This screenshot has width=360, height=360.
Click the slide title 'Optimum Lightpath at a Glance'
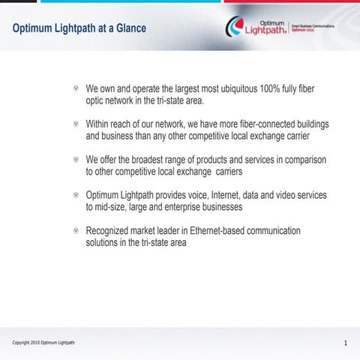pyautogui.click(x=79, y=28)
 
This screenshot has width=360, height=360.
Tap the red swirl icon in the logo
pyautogui.click(x=235, y=28)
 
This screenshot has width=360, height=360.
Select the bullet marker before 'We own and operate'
pyautogui.click(x=76, y=89)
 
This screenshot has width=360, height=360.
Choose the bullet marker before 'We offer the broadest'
pyautogui.click(x=76, y=160)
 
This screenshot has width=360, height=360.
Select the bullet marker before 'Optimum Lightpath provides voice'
pyautogui.click(x=76, y=195)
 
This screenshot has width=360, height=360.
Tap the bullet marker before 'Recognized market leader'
pyautogui.click(x=76, y=231)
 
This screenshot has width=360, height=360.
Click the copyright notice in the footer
pyautogui.click(x=43, y=343)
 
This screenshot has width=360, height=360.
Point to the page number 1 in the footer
pyautogui.click(x=345, y=343)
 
